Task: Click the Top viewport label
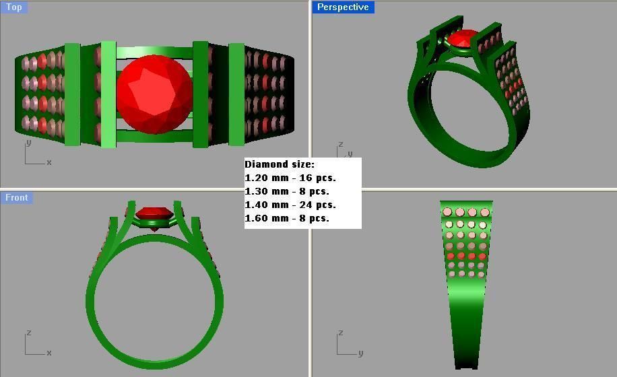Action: click(13, 7)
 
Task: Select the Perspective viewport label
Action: click(343, 7)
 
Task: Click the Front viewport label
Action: click(17, 197)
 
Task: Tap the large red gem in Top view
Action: click(154, 94)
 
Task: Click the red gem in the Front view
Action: click(154, 215)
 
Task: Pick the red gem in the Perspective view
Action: click(462, 39)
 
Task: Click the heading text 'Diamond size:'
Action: click(279, 164)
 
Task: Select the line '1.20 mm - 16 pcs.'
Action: click(290, 178)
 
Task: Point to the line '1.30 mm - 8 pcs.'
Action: click(287, 191)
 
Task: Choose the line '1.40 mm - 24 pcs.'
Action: click(290, 205)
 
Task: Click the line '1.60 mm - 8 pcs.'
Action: click(287, 218)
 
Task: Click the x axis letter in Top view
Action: click(49, 162)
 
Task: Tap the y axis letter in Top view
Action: click(28, 143)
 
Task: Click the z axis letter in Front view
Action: click(28, 333)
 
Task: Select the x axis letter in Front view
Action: click(49, 353)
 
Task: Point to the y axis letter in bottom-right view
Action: click(360, 353)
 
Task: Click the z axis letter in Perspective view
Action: click(341, 144)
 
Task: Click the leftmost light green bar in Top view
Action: click(72, 94)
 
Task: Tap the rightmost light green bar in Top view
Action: click(236, 94)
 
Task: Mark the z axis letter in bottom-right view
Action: click(341, 333)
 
